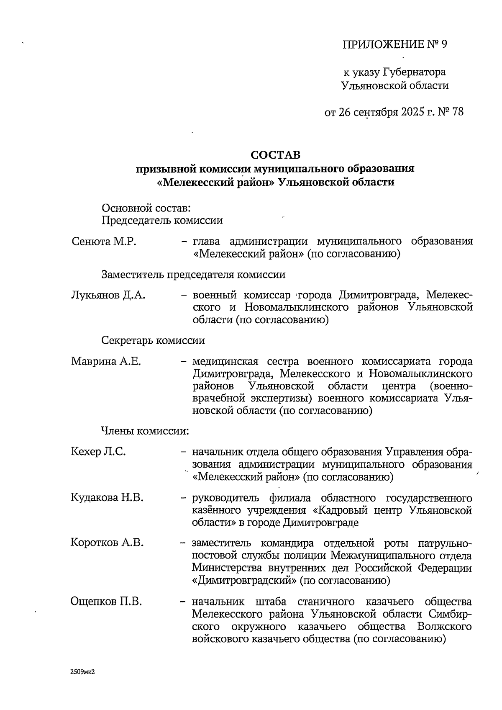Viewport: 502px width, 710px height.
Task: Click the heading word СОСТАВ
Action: point(275,155)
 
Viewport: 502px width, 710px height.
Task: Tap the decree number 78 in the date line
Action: point(458,112)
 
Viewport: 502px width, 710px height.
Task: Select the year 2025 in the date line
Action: point(412,112)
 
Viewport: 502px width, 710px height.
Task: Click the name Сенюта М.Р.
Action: point(104,242)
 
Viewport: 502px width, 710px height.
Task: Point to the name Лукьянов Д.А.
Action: point(108,295)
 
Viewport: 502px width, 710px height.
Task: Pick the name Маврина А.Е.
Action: point(106,361)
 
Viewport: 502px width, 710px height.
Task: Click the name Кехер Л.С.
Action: point(99,452)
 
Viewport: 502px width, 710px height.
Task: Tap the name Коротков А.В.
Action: point(107,543)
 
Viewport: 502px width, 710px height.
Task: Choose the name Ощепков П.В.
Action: point(106,602)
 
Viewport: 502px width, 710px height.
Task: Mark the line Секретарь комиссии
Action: point(153,340)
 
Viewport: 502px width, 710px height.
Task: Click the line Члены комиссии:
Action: point(145,431)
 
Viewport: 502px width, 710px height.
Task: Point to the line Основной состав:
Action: point(146,208)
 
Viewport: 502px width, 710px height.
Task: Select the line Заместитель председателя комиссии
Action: point(194,275)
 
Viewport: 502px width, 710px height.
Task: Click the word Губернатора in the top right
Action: point(414,72)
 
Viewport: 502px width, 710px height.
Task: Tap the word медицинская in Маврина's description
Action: point(225,361)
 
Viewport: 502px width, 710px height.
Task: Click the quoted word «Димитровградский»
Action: point(244,581)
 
